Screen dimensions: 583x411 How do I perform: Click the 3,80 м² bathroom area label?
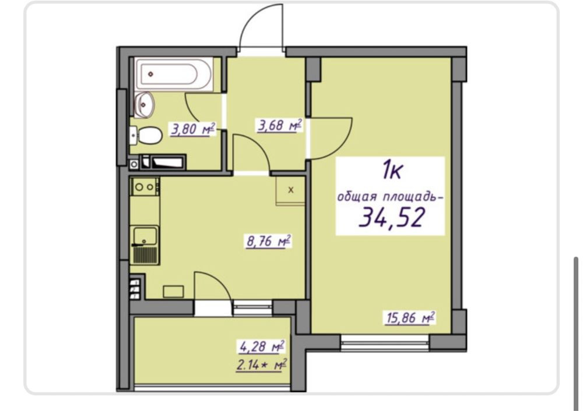coord(193,130)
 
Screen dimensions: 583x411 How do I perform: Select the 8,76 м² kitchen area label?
coord(268,242)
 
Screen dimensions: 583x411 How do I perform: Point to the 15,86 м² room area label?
coord(410,318)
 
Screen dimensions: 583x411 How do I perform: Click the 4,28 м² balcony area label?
coord(262,347)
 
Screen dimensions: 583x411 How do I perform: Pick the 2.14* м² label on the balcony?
coord(261,364)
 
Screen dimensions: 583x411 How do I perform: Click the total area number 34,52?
coord(391,217)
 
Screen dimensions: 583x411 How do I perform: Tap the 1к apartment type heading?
coord(392,171)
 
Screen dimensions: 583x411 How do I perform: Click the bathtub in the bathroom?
coord(174,75)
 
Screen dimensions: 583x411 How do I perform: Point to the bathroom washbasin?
coord(144,104)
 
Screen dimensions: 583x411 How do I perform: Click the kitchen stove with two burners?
coord(145,187)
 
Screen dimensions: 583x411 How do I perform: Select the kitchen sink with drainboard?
coord(145,245)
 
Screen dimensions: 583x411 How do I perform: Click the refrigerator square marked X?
coord(290,190)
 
